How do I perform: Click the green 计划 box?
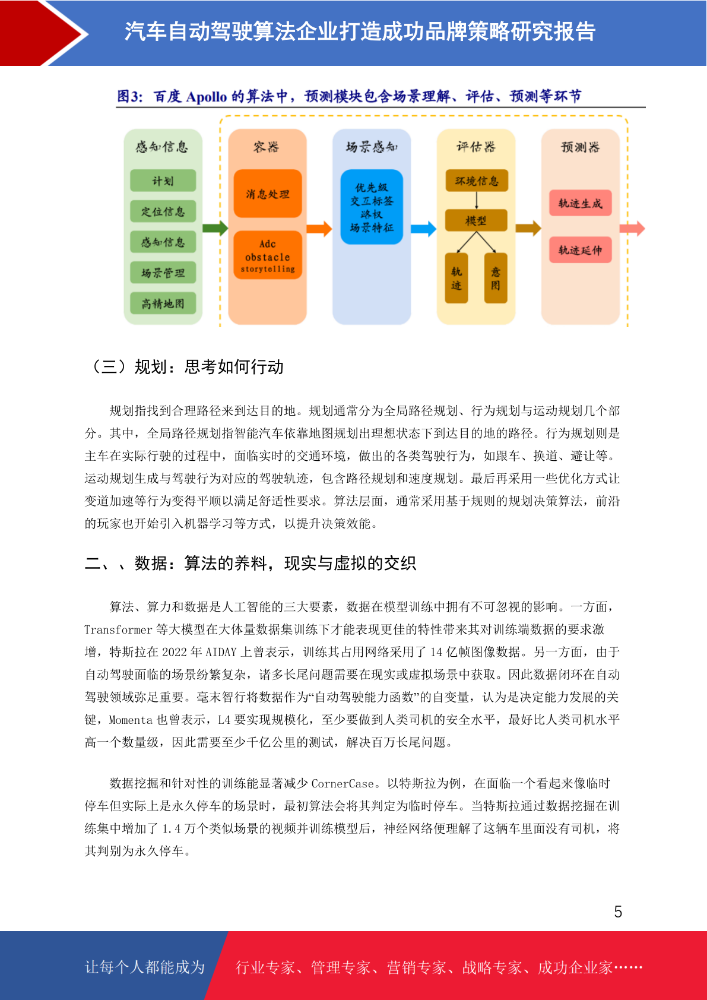pyautogui.click(x=163, y=181)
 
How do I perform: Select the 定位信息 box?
pyautogui.click(x=163, y=211)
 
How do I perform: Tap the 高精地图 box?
pyautogui.click(x=163, y=303)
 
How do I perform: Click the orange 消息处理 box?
pyautogui.click(x=267, y=194)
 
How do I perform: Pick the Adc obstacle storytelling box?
pyautogui.click(x=267, y=255)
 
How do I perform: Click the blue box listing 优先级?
pyautogui.click(x=372, y=207)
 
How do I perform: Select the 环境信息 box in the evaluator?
pyautogui.click(x=476, y=181)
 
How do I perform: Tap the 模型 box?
pyautogui.click(x=476, y=220)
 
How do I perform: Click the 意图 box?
pyautogui.click(x=496, y=278)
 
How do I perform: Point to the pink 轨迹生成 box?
pyautogui.click(x=580, y=203)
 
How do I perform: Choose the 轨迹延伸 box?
pyautogui.click(x=580, y=250)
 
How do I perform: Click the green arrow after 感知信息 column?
pyautogui.click(x=215, y=228)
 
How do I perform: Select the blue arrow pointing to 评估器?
pyautogui.click(x=424, y=229)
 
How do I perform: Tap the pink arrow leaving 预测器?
pyautogui.click(x=632, y=229)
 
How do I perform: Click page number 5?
pyautogui.click(x=618, y=911)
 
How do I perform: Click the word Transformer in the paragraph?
pyautogui.click(x=118, y=629)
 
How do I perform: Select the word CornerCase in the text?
pyautogui.click(x=343, y=783)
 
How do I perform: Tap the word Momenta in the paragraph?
pyautogui.click(x=131, y=720)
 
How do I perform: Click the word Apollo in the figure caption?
pyautogui.click(x=207, y=97)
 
